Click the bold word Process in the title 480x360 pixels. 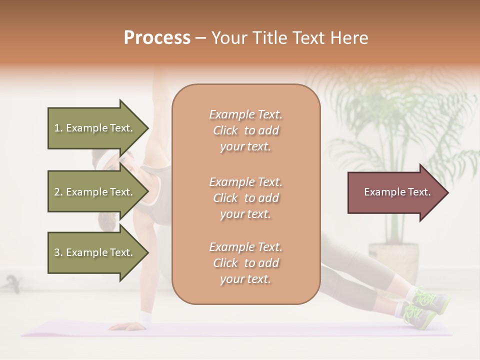click(157, 38)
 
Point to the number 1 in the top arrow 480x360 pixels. click(57, 128)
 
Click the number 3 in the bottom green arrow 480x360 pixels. click(57, 252)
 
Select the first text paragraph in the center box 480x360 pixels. click(245, 130)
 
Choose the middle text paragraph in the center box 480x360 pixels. click(245, 198)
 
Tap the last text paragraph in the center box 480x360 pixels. click(245, 263)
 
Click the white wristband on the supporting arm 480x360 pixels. click(145, 317)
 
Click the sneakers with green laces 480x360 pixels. click(422, 307)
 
